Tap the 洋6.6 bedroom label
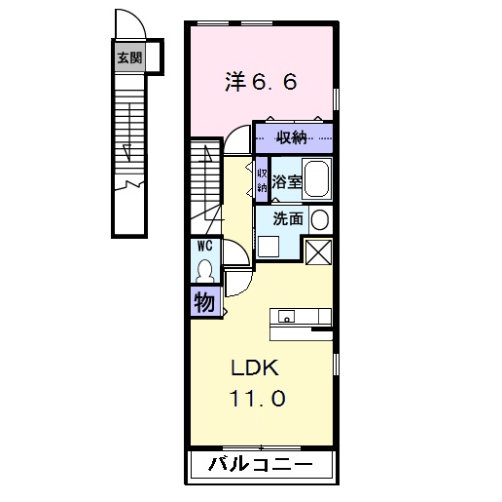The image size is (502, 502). pyautogui.click(x=261, y=83)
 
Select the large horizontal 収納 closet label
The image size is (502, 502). pyautogui.click(x=295, y=136)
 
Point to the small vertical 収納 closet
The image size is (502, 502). pyautogui.click(x=262, y=179)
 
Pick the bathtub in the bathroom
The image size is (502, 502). pyautogui.click(x=316, y=179)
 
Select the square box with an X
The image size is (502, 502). pyautogui.click(x=318, y=250)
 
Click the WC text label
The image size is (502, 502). pyautogui.click(x=205, y=246)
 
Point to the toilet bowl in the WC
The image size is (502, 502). pyautogui.click(x=205, y=269)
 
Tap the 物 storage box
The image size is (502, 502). pyautogui.click(x=204, y=302)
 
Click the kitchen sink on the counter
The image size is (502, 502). pyautogui.click(x=286, y=316)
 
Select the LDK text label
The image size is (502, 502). pyautogui.click(x=255, y=368)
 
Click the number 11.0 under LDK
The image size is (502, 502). pyautogui.click(x=257, y=400)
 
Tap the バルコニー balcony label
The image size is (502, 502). pyautogui.click(x=261, y=465)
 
